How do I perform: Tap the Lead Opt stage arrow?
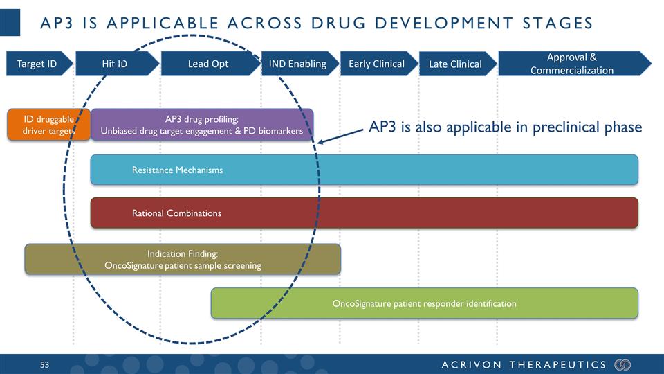(x=208, y=64)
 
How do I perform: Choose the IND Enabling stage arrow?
(x=297, y=64)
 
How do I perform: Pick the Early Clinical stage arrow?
(x=377, y=64)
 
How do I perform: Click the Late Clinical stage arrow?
(x=455, y=64)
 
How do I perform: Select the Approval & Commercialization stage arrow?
(x=572, y=64)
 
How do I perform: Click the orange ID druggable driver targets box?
(x=48, y=125)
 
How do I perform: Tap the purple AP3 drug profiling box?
(x=202, y=125)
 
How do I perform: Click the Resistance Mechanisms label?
(x=177, y=170)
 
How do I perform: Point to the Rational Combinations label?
(x=176, y=213)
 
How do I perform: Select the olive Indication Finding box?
(x=183, y=259)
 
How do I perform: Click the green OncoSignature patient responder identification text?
(x=424, y=303)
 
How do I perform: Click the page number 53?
(x=46, y=364)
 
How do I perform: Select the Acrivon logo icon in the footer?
(x=622, y=364)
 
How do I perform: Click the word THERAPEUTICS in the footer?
(x=557, y=364)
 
